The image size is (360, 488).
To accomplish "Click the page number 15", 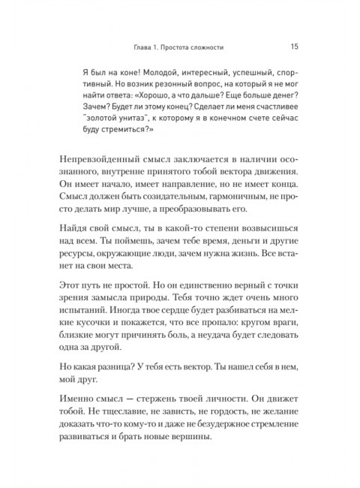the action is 295,46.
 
